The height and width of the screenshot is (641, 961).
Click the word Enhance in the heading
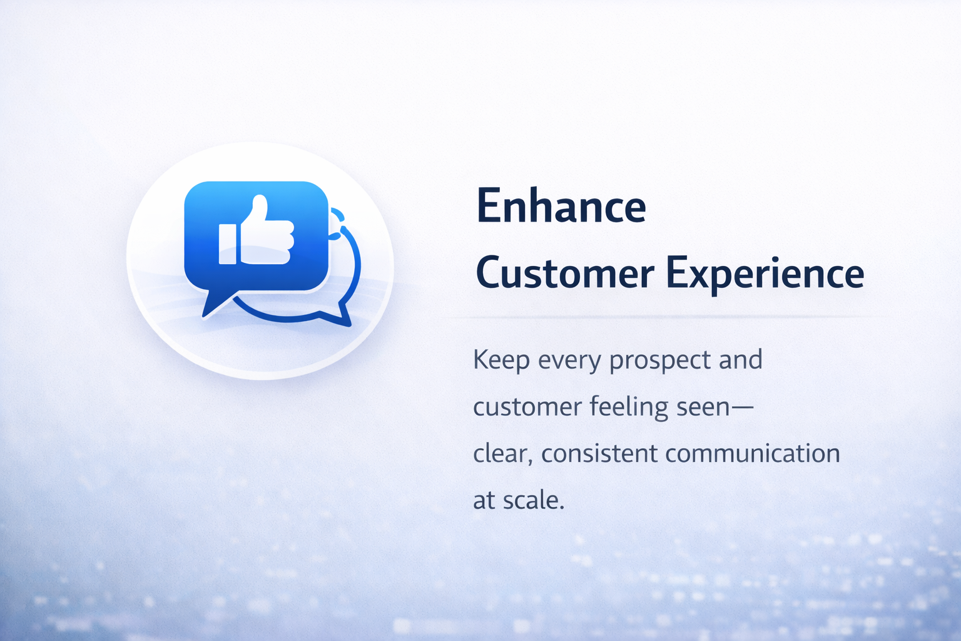(561, 206)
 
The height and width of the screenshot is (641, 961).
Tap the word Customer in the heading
(565, 273)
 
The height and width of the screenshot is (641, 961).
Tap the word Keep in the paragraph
(501, 360)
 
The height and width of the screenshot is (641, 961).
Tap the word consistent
(600, 454)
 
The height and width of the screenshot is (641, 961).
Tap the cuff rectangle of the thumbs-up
(227, 244)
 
